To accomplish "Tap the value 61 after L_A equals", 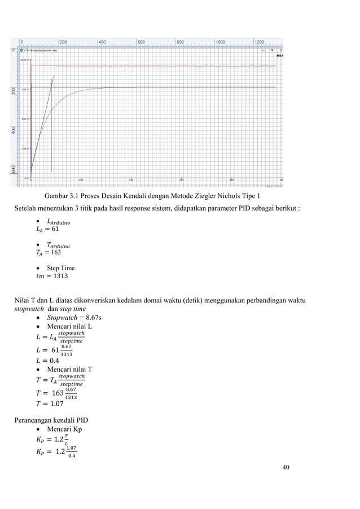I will (54, 229).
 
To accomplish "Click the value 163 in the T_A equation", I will (55, 252).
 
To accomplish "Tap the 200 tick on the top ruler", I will (63, 42).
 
